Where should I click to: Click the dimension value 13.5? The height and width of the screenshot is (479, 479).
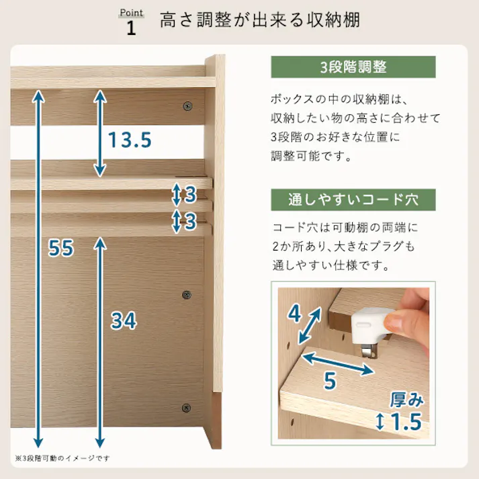(130, 140)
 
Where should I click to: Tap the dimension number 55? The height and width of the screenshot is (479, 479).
(60, 248)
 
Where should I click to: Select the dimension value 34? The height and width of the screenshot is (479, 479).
(124, 321)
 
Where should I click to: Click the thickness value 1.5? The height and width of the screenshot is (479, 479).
(405, 423)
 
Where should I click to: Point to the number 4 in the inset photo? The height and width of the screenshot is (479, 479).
(294, 314)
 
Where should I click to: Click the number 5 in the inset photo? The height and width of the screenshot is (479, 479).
(329, 381)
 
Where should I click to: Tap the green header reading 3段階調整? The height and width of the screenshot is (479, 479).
(353, 68)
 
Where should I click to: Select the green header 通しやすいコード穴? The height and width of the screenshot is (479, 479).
(353, 200)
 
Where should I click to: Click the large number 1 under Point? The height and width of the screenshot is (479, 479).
(131, 28)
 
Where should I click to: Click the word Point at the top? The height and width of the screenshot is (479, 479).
(131, 13)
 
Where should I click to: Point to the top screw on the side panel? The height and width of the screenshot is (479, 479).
(187, 105)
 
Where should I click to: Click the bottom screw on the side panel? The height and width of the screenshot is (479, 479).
(187, 407)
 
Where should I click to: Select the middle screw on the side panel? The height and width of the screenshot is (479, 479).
(187, 294)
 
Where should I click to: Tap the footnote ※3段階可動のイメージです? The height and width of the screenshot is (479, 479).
(62, 458)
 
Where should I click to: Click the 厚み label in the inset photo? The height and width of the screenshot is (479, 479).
(406, 400)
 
